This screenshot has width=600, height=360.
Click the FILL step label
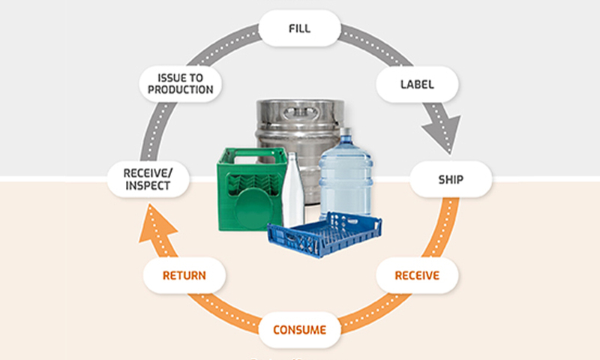pyautogui.click(x=299, y=29)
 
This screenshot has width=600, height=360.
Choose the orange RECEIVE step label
pyautogui.click(x=416, y=275)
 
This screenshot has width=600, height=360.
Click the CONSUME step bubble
pyautogui.click(x=299, y=329)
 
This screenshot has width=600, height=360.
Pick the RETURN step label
pyautogui.click(x=184, y=275)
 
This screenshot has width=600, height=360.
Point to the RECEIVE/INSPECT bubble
pyautogui.click(x=148, y=180)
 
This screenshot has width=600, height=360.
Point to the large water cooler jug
pyautogui.click(x=346, y=180)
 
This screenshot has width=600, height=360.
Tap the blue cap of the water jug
pyautogui.click(x=346, y=133)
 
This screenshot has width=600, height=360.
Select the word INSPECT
pyautogui.click(x=148, y=187)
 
